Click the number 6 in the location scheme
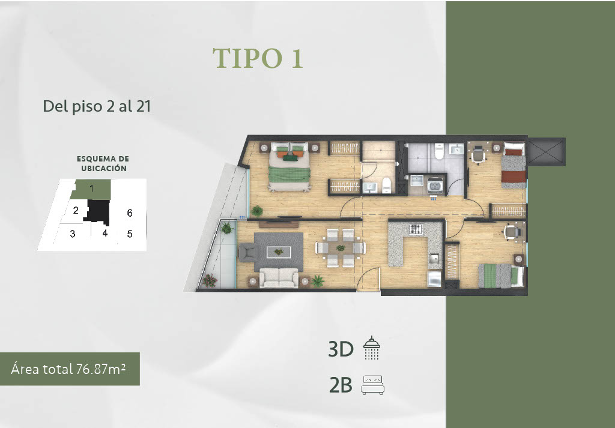(x=130, y=213)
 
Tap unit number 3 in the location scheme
(x=73, y=234)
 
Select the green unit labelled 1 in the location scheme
(x=91, y=189)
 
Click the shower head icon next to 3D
(x=371, y=348)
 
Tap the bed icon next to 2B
(x=372, y=385)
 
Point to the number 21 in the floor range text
(x=144, y=106)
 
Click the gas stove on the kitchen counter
(x=416, y=229)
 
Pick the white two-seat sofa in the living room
(x=279, y=277)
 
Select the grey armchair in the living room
(x=247, y=252)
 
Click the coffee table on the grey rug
(x=279, y=252)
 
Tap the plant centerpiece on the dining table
(x=341, y=248)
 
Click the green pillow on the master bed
(x=290, y=158)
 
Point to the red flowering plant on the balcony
(x=210, y=280)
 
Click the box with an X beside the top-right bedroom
(x=546, y=152)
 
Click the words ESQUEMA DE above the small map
(x=103, y=159)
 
